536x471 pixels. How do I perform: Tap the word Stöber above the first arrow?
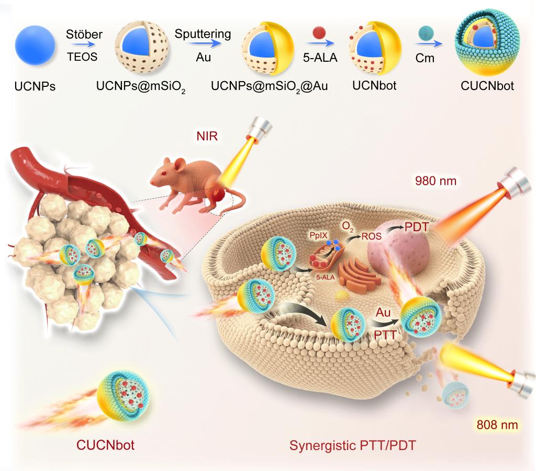click(x=84, y=35)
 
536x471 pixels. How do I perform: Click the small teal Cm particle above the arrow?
click(x=424, y=35)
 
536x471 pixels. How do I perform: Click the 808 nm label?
click(x=497, y=424)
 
